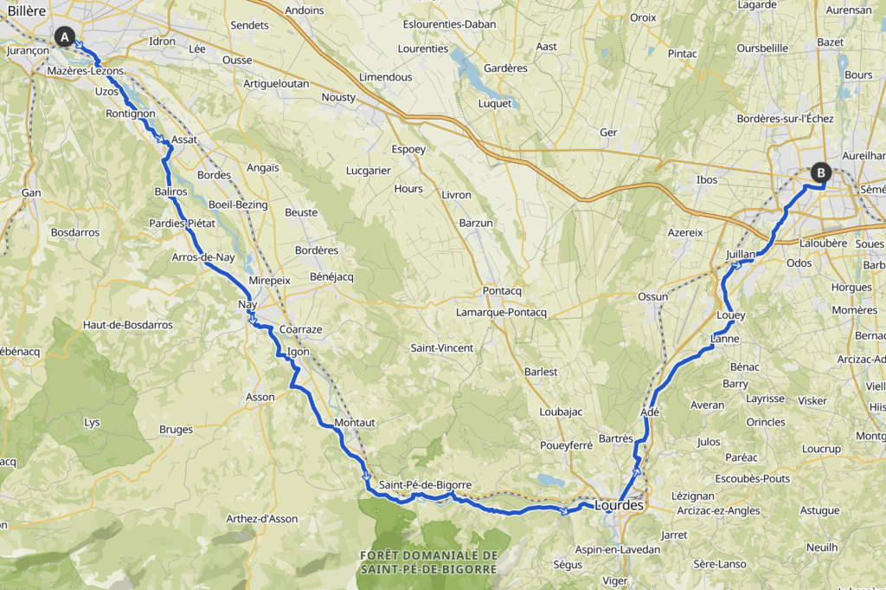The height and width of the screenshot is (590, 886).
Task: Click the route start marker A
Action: pos(63,36)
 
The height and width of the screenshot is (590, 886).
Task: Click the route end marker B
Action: pos(819,172)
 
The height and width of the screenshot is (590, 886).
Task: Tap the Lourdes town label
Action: pos(619,505)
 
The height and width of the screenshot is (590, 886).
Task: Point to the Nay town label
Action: pos(247,305)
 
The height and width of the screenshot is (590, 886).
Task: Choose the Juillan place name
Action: pos(742,255)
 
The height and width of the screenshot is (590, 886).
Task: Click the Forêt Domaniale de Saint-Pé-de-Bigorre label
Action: pos(428,562)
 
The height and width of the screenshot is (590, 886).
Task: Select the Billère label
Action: pos(22,9)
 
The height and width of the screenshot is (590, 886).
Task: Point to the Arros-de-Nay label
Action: pos(203,257)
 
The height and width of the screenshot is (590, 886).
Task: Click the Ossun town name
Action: pos(652,296)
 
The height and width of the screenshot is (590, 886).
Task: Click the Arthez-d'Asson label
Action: pos(261,519)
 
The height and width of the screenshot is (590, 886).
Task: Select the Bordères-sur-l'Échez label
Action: pos(784,118)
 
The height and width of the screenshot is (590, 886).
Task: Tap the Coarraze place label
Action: pos(300,330)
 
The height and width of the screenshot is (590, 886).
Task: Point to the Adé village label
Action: pos(650,412)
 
